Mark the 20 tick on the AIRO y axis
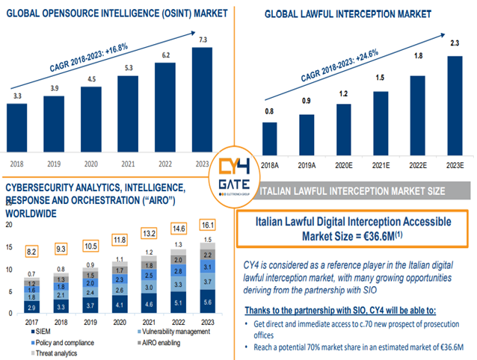coord(9,225)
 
